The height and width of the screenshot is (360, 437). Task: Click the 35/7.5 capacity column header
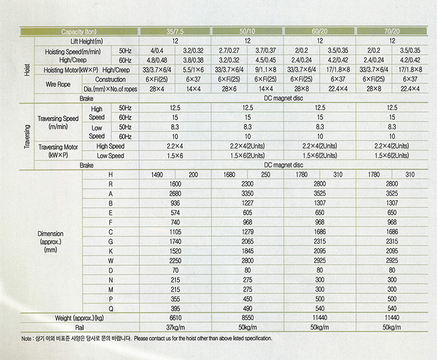pyautogui.click(x=175, y=31)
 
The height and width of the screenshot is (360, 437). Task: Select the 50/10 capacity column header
pyautogui.click(x=247, y=31)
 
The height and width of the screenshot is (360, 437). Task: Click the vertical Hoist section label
pyautogui.click(x=27, y=68)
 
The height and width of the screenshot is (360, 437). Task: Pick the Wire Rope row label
pyautogui.click(x=58, y=84)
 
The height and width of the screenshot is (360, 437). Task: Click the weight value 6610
pyautogui.click(x=175, y=318)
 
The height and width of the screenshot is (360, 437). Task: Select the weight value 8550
pyautogui.click(x=247, y=318)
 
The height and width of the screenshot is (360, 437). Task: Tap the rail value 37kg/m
pyautogui.click(x=175, y=327)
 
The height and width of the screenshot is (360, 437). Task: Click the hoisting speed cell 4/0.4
pyautogui.click(x=157, y=51)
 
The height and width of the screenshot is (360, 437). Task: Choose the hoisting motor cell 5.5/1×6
pyautogui.click(x=193, y=70)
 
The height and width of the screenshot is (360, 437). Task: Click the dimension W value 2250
pyautogui.click(x=175, y=260)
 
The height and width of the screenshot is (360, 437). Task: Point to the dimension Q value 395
pyautogui.click(x=175, y=308)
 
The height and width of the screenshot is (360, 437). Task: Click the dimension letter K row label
pyautogui.click(x=111, y=251)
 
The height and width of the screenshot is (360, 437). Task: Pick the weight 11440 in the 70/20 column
pyautogui.click(x=392, y=318)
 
